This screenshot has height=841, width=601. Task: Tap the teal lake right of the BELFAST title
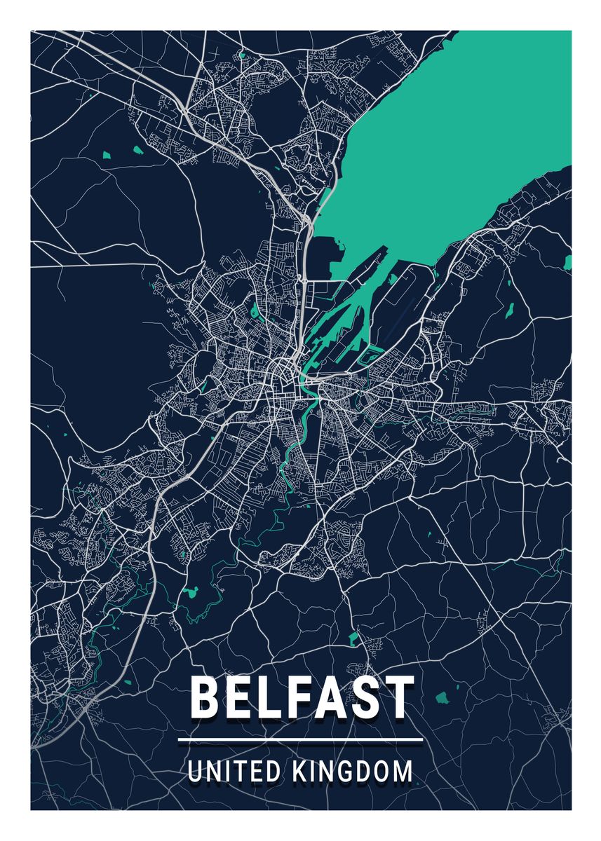point(443,698)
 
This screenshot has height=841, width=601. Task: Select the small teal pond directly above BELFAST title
point(353,638)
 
